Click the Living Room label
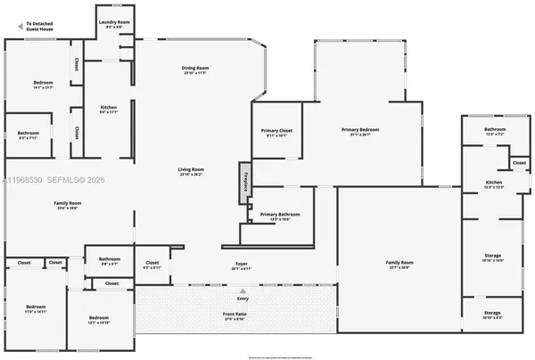192,172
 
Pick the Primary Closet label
276,134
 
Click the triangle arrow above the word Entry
243,290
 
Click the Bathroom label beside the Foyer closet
110,261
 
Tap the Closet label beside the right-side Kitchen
518,163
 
